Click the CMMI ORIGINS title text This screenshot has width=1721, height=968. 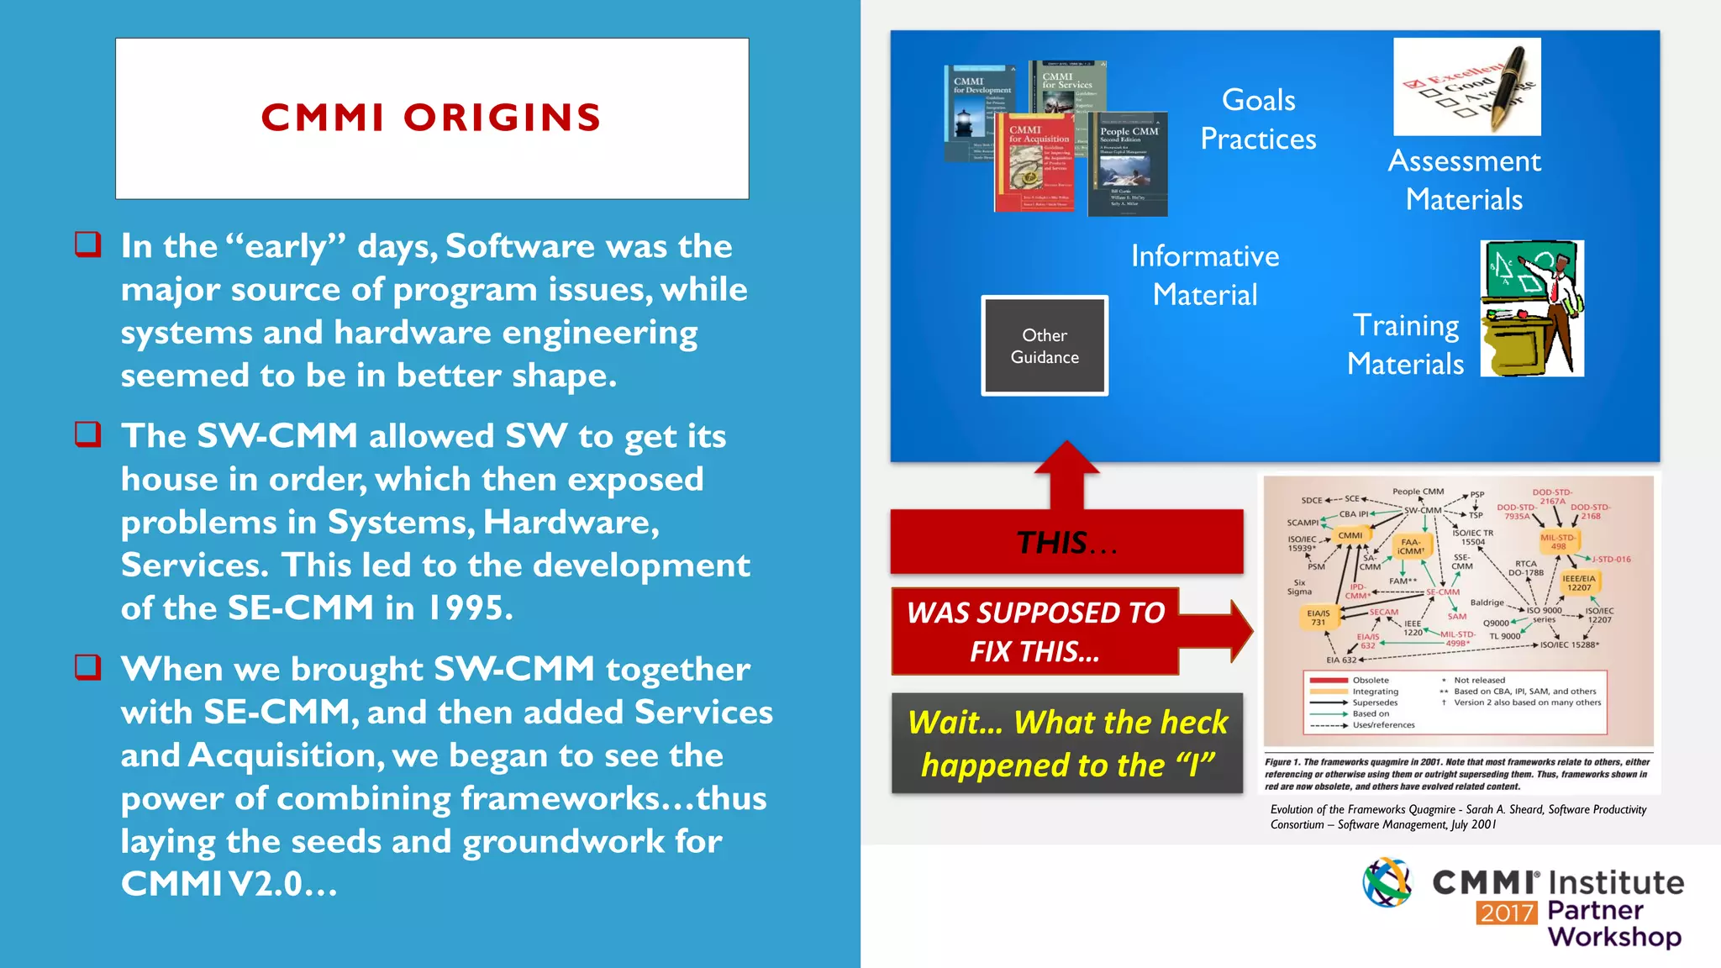tap(431, 118)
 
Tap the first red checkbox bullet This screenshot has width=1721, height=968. tap(88, 245)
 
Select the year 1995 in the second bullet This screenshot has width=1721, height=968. tap(469, 608)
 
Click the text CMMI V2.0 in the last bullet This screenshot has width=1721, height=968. tap(228, 883)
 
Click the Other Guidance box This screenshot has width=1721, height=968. tap(1045, 345)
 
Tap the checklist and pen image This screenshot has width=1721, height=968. tap(1466, 87)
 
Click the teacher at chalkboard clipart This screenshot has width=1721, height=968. tap(1532, 308)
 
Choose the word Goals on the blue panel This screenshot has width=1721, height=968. tap(1258, 100)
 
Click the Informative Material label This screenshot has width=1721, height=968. tap(1204, 275)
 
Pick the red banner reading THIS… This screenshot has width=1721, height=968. tap(1066, 542)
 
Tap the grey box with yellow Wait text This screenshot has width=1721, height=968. tap(1066, 744)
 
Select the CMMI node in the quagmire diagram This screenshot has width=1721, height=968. tap(1350, 535)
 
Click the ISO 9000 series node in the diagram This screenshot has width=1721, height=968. tap(1545, 614)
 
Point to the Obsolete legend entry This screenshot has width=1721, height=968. tap(1370, 680)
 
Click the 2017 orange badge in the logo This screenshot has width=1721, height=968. tap(1507, 913)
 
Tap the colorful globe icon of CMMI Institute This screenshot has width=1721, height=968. tap(1387, 882)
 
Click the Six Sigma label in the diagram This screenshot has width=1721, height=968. tap(1299, 587)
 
